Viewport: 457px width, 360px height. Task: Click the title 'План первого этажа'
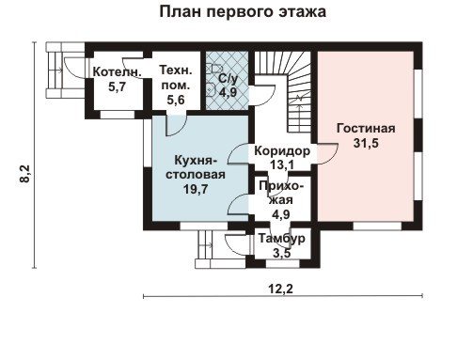point(243,12)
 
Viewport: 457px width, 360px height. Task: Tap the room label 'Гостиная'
point(366,129)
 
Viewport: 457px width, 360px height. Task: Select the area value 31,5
point(366,143)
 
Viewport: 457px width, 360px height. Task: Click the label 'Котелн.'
point(118,72)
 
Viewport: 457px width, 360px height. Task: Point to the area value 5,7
point(117,86)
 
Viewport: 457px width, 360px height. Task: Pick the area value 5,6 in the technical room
point(176,100)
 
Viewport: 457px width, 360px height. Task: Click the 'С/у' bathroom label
point(228,79)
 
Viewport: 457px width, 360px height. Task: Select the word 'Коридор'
point(282,151)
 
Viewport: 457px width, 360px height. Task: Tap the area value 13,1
point(282,164)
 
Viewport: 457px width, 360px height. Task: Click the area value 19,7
point(196,189)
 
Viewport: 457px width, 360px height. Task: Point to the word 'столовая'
point(196,175)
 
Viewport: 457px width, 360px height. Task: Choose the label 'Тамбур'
point(281,239)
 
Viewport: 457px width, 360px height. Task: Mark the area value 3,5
point(281,253)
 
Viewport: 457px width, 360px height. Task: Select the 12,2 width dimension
point(280,289)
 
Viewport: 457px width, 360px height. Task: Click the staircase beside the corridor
point(283,91)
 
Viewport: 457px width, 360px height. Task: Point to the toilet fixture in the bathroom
point(211,88)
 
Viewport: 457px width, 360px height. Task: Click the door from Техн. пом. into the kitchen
point(176,125)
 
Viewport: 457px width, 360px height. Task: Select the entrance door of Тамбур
point(237,245)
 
